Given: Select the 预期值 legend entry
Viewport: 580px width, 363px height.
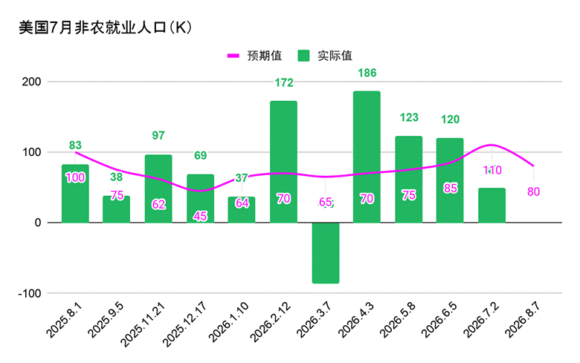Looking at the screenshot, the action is point(254,56).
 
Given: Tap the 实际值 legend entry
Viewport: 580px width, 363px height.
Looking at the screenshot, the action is point(325,56).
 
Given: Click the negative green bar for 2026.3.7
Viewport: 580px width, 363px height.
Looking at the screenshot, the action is point(326,253).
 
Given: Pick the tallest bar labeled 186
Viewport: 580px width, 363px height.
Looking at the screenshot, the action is point(367,157).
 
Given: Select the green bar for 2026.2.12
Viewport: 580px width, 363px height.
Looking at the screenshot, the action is point(283,162).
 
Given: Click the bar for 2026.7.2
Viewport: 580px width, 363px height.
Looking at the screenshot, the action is point(492,206).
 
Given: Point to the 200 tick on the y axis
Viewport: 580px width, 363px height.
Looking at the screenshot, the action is point(31,82).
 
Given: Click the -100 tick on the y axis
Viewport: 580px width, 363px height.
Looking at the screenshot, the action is point(30,293).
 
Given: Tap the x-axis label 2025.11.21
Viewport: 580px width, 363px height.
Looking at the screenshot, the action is point(143,324).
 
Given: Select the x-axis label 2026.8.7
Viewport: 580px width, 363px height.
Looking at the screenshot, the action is point(523,319).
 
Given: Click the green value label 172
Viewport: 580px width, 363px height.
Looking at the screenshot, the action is point(284,82).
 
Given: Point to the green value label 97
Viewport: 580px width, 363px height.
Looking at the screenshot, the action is point(158,136).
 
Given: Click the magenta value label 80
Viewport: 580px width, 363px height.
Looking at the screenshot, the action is point(533,192).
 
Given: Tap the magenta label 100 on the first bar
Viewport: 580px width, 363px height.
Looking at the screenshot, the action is point(75,177).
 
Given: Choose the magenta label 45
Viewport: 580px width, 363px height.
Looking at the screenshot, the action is point(200,216).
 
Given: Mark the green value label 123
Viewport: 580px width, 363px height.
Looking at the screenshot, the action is point(409,117).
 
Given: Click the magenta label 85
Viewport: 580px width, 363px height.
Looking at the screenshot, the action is point(450,189).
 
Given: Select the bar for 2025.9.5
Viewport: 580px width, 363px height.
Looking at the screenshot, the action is point(116,209).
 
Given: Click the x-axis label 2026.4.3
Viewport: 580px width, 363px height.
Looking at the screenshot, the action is point(356,319).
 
